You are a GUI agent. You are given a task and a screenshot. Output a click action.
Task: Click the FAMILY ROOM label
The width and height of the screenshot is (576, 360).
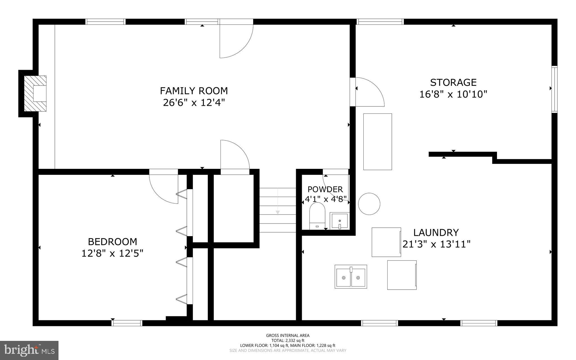pos(194,91)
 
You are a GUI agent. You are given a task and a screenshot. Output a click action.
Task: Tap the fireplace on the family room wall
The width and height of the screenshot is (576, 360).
pos(35,93)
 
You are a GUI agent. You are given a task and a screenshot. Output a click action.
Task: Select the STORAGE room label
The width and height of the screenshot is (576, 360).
pos(453,82)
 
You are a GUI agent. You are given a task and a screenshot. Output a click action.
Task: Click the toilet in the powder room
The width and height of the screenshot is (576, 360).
pos(317,216)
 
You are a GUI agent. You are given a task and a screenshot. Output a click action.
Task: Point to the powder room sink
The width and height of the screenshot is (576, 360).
pos(340,221)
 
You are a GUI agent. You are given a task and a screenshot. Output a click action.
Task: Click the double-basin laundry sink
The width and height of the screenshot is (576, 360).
pos(351,276)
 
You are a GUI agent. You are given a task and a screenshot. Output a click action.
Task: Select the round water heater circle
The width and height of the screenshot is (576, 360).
pos(369,204)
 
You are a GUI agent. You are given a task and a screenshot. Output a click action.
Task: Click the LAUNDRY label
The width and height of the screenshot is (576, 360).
pos(436,232)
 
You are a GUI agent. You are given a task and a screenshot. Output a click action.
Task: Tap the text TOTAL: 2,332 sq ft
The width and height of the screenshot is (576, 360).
pos(288,340)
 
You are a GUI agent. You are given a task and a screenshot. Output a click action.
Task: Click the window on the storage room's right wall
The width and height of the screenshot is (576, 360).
pos(554,89)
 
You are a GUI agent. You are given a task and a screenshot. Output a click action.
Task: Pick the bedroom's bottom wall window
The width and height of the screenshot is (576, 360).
pos(127,323)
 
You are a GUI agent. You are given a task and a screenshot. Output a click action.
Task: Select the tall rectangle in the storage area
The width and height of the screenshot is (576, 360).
pos(377,142)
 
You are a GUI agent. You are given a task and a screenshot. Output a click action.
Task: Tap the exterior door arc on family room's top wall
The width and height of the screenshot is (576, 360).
pos(237,39)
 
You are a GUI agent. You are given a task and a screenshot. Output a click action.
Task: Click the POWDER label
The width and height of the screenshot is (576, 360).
pos(325,189)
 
